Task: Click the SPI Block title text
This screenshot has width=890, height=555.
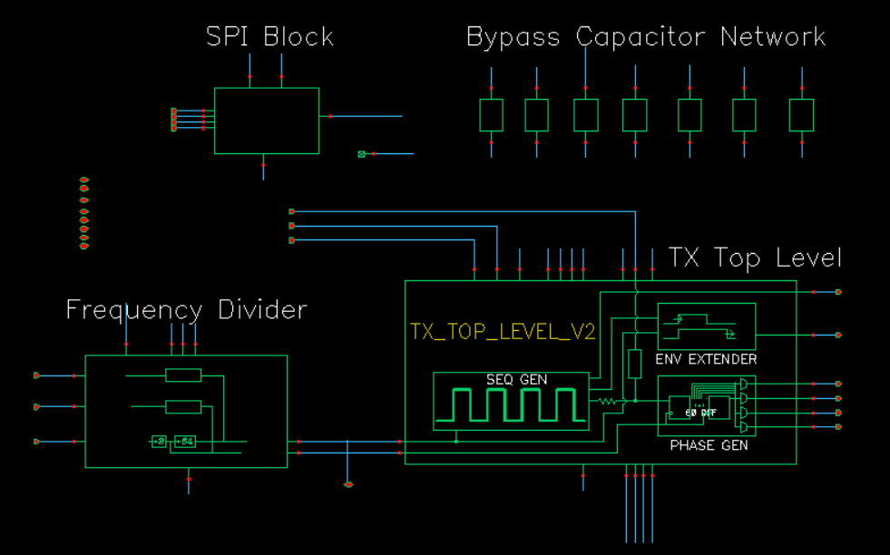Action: [269, 37]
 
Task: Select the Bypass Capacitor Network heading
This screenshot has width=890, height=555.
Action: [645, 37]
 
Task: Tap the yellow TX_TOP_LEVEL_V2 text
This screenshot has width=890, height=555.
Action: [503, 332]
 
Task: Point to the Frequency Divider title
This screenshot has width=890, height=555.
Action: [186, 310]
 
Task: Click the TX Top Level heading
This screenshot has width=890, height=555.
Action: [755, 258]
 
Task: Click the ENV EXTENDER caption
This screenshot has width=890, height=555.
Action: [706, 359]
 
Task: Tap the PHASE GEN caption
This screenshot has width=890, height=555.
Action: [709, 446]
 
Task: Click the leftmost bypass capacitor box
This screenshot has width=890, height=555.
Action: [491, 115]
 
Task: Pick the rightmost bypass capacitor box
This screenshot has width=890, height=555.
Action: [801, 115]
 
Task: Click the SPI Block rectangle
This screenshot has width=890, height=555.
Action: [267, 121]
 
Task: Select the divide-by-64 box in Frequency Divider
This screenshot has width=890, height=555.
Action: [185, 442]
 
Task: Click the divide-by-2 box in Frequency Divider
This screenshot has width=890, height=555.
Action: [159, 442]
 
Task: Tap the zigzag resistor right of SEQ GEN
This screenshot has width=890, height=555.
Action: [606, 400]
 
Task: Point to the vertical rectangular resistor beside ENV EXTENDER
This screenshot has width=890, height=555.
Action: [635, 363]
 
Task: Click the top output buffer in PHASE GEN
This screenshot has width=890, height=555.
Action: [744, 385]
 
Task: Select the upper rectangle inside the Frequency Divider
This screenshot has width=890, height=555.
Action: [183, 375]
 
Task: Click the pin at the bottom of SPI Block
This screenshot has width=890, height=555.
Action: [264, 165]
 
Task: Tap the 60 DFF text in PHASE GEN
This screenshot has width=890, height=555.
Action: [701, 413]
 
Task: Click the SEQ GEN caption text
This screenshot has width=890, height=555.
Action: [516, 380]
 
